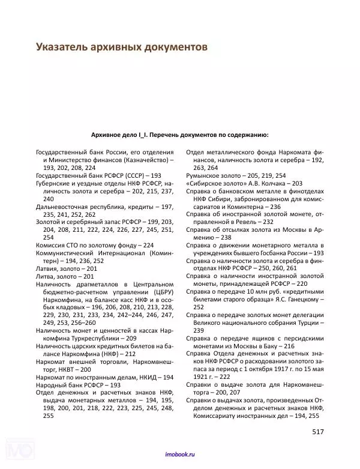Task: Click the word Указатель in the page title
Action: pyautogui.click(x=65, y=46)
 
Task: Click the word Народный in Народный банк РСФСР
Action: pyautogui.click(x=53, y=385)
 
